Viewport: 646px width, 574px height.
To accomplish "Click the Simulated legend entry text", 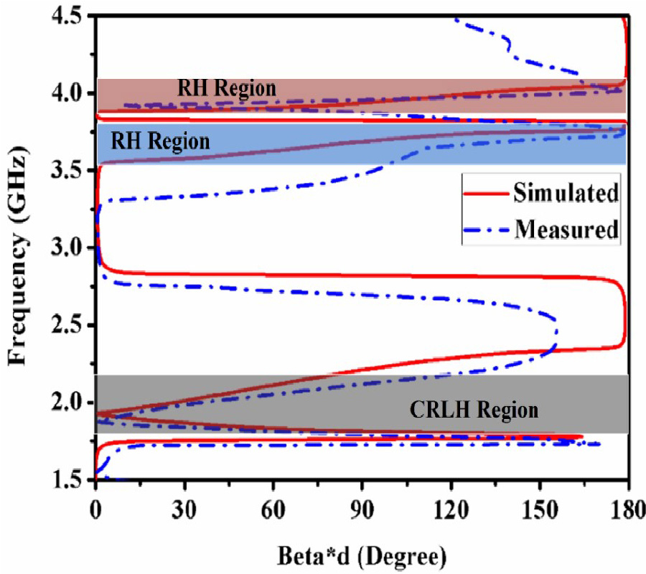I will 566,193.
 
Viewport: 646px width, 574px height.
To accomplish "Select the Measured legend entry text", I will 566,230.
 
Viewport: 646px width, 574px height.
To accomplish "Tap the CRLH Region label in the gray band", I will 474,410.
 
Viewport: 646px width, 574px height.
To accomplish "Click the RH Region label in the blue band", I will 160,141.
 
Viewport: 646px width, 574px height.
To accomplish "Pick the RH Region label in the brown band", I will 227,89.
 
